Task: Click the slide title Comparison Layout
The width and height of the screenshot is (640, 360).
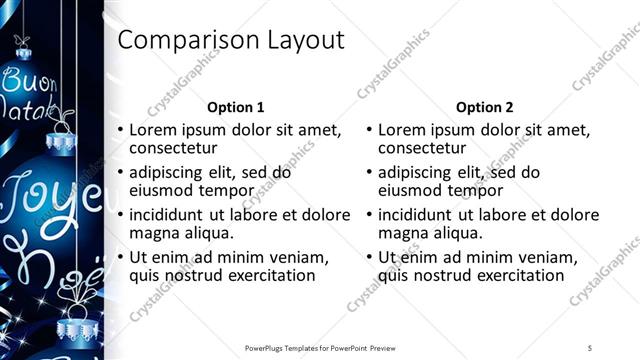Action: click(x=231, y=40)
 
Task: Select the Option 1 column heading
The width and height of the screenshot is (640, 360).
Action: click(x=235, y=107)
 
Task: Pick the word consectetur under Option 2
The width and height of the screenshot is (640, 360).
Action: click(x=424, y=149)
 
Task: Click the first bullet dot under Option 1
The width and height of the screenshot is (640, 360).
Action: click(x=121, y=130)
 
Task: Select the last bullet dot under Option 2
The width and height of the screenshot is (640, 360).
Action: click(x=369, y=257)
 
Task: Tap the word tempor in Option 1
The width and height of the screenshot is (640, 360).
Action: click(x=214, y=191)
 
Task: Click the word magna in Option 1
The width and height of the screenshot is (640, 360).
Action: click(x=153, y=233)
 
